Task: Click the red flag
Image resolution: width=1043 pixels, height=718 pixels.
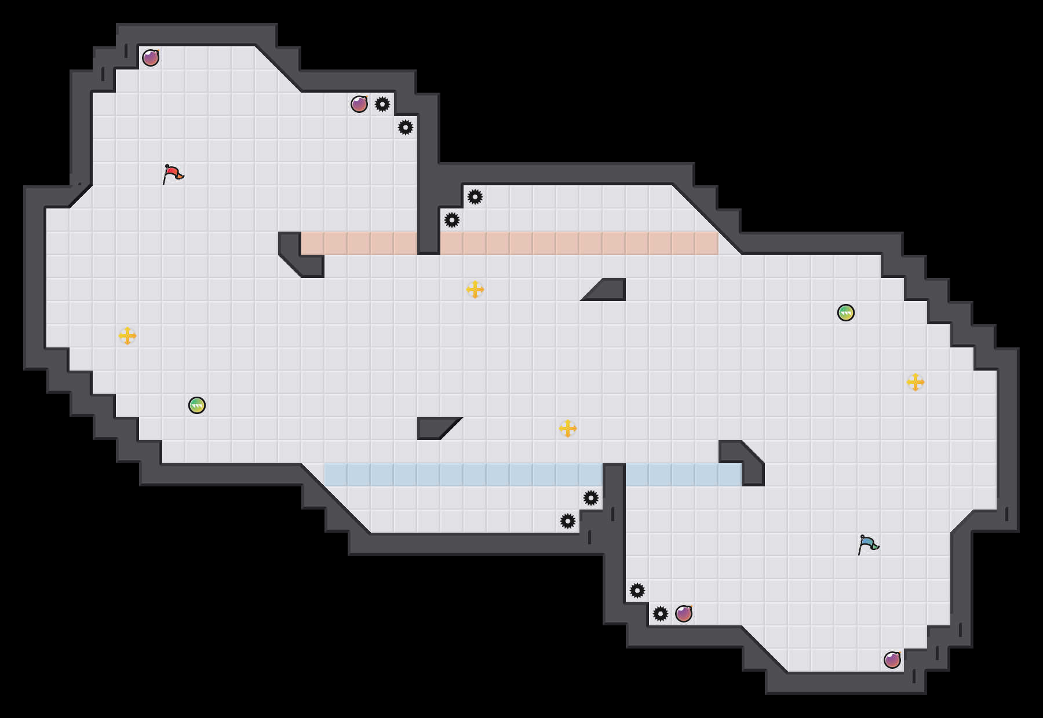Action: point(173,174)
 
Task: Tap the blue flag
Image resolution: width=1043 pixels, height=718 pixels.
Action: point(868,544)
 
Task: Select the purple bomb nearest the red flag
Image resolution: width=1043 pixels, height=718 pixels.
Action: point(151,58)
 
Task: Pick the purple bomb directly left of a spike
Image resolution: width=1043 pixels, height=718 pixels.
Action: point(359,104)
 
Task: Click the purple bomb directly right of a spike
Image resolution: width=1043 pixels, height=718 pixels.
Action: point(684,614)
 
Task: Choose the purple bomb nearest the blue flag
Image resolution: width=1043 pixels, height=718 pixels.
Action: point(892,660)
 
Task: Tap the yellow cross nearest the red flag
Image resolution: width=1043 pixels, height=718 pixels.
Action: point(127,336)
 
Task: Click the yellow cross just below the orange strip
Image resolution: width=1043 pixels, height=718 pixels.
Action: point(475,290)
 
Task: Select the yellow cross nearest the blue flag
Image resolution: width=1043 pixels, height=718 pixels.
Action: point(916,382)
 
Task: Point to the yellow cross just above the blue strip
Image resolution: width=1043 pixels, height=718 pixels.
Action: point(568,428)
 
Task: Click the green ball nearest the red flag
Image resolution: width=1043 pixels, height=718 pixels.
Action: point(197,405)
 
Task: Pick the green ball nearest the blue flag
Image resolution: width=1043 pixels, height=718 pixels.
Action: point(846,313)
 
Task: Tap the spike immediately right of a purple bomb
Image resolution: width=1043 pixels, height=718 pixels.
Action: point(382,104)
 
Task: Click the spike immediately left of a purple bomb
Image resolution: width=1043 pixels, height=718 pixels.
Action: point(661,614)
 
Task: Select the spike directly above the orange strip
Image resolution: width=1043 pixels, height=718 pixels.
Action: point(452,220)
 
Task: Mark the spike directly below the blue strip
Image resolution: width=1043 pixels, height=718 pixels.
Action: point(591,498)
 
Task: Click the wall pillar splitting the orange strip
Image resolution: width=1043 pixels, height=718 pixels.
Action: point(429,232)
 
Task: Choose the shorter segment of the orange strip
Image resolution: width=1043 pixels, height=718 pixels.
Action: point(359,243)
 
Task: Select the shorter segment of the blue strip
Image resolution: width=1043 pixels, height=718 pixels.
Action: point(684,475)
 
